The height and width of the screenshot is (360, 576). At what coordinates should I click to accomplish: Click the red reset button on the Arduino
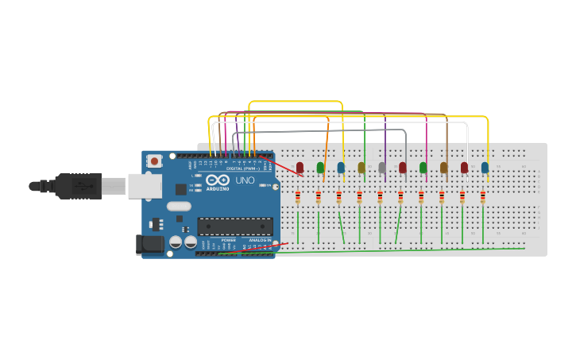click(154, 161)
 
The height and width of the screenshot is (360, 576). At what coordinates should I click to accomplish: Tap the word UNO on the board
click(245, 181)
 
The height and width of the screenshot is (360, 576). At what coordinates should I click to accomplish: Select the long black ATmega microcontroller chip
click(235, 226)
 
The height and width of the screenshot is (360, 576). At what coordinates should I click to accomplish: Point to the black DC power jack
click(149, 245)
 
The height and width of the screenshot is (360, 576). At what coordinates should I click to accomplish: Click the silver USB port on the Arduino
click(145, 186)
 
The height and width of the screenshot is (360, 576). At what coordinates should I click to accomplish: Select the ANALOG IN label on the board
click(259, 239)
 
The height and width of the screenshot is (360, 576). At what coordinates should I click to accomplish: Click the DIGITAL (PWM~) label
click(242, 168)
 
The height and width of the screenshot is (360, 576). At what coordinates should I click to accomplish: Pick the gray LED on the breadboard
click(382, 168)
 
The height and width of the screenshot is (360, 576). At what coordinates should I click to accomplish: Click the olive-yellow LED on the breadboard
click(361, 168)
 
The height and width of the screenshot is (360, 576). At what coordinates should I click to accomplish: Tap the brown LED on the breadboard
click(444, 168)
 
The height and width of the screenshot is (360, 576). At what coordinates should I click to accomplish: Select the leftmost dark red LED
click(300, 168)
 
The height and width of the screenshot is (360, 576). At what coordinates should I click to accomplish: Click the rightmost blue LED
click(485, 168)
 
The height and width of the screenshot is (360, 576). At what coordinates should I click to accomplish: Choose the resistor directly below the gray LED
click(381, 197)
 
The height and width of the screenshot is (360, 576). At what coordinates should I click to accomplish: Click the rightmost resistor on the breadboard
click(483, 197)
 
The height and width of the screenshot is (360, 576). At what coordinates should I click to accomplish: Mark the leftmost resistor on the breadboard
click(298, 197)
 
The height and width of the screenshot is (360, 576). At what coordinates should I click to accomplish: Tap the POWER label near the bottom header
click(228, 239)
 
